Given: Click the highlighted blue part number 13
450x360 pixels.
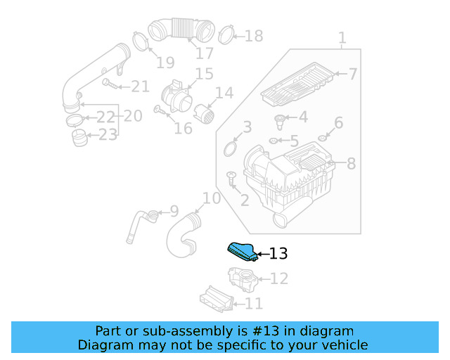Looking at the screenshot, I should [240, 251].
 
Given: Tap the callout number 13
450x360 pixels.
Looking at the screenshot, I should [278, 254].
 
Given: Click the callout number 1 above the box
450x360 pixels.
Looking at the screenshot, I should [342, 37].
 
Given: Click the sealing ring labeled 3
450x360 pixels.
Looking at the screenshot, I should [229, 148].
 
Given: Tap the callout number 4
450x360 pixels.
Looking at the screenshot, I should [303, 117].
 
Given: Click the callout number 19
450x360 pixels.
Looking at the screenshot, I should [165, 63].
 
